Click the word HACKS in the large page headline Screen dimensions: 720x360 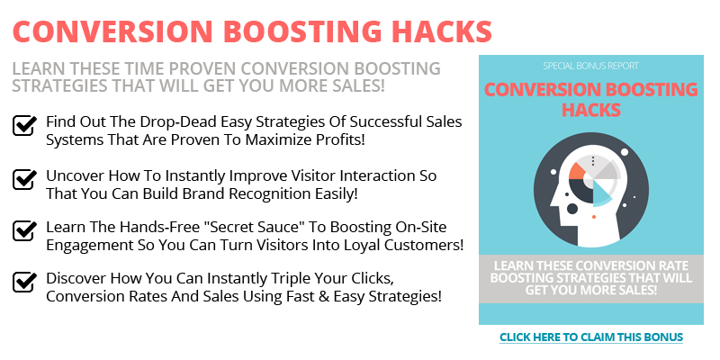click(442, 31)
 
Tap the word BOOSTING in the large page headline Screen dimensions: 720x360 click(303, 31)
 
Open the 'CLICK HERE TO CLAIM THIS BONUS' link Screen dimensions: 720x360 click(591, 337)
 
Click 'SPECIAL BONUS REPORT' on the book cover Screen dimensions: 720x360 click(591, 66)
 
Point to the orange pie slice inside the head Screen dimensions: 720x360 click(578, 171)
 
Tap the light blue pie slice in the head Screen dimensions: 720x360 click(602, 194)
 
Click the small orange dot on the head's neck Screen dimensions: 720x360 click(594, 216)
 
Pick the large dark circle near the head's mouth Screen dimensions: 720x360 click(572, 209)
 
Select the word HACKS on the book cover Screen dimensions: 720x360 click(591, 110)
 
